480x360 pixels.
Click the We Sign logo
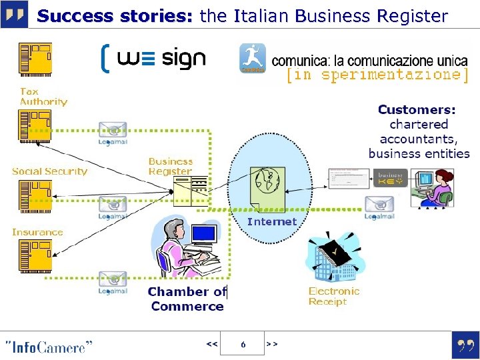[x=153, y=59]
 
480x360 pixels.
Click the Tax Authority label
[x=43, y=97]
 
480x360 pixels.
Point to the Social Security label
[x=49, y=171]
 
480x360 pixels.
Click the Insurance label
[x=37, y=232]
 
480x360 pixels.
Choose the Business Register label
[x=171, y=166]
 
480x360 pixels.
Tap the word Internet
[x=272, y=221]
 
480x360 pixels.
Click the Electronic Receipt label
[x=333, y=296]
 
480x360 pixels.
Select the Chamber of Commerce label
[x=187, y=299]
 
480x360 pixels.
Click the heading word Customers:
[x=417, y=109]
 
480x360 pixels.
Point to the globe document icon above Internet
[x=267, y=189]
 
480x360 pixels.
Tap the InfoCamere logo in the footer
[x=48, y=347]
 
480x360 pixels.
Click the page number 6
[x=243, y=344]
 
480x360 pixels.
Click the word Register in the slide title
[x=407, y=16]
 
